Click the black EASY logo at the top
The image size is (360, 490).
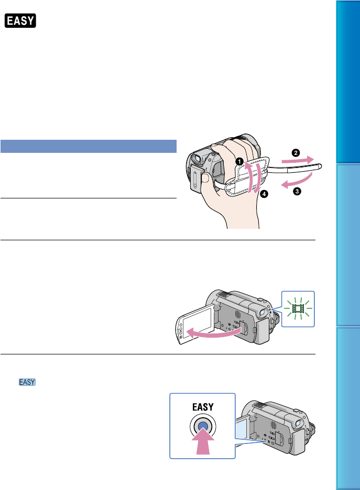pos(20,20)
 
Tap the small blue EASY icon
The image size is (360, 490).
pos(27,382)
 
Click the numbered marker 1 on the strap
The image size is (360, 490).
pos(239,162)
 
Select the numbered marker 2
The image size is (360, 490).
pos(296,153)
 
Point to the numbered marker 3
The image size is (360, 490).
pos(297,191)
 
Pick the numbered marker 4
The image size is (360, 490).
pos(264,194)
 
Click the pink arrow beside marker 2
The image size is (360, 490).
pos(298,160)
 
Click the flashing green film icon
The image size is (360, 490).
pos(298,309)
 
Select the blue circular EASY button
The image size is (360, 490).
pos(203,426)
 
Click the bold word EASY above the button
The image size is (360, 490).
pos(203,407)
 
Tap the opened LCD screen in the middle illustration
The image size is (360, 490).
pos(197,322)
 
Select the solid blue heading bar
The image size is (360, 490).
pos(89,146)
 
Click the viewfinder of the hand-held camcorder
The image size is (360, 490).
pos(197,159)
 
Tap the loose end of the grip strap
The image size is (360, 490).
pos(319,166)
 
